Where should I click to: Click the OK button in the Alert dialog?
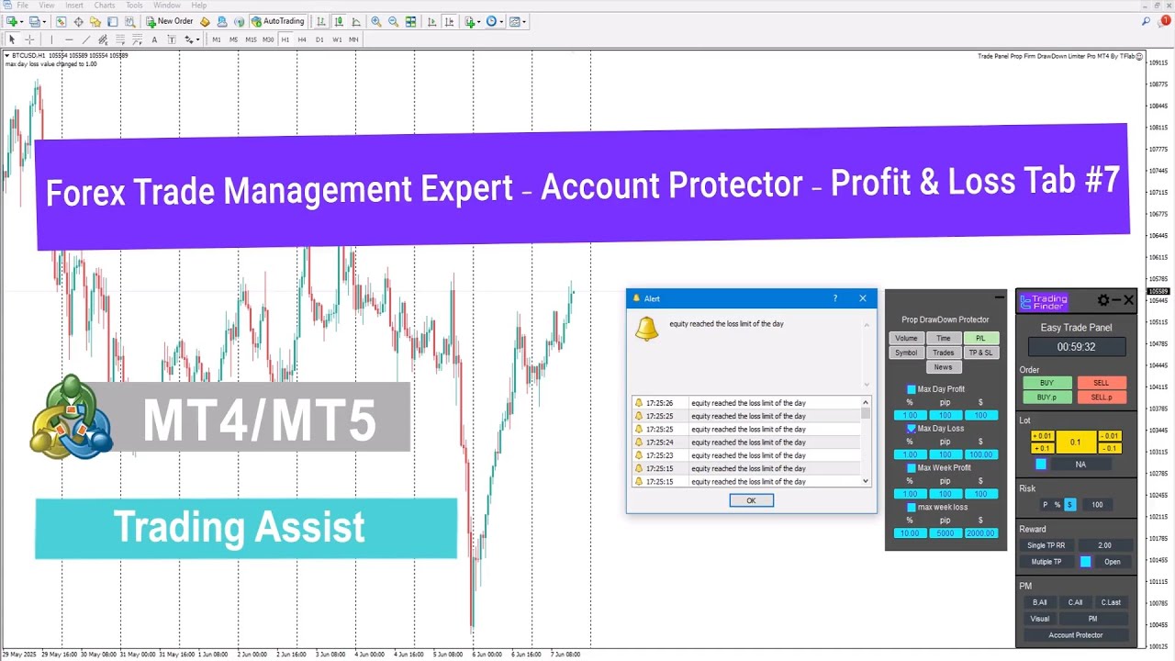[x=751, y=500]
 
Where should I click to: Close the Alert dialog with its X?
[x=862, y=298]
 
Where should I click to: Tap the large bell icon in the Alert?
[x=646, y=329]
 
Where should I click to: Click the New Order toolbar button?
[x=170, y=21]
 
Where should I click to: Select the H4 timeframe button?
[x=302, y=39]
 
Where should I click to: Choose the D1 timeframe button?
[x=319, y=39]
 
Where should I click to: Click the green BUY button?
[x=1046, y=383]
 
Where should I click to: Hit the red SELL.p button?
[x=1101, y=398]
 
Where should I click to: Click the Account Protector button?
[x=1076, y=635]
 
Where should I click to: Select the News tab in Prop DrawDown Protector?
[x=943, y=367]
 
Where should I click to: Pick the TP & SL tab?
[x=980, y=353]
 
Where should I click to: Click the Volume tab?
[x=906, y=338]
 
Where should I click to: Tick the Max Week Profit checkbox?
[x=912, y=468]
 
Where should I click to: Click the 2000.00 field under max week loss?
[x=980, y=533]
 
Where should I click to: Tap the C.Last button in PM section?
[x=1111, y=602]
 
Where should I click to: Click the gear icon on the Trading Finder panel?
[x=1103, y=300]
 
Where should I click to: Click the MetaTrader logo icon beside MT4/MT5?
[x=72, y=417]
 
